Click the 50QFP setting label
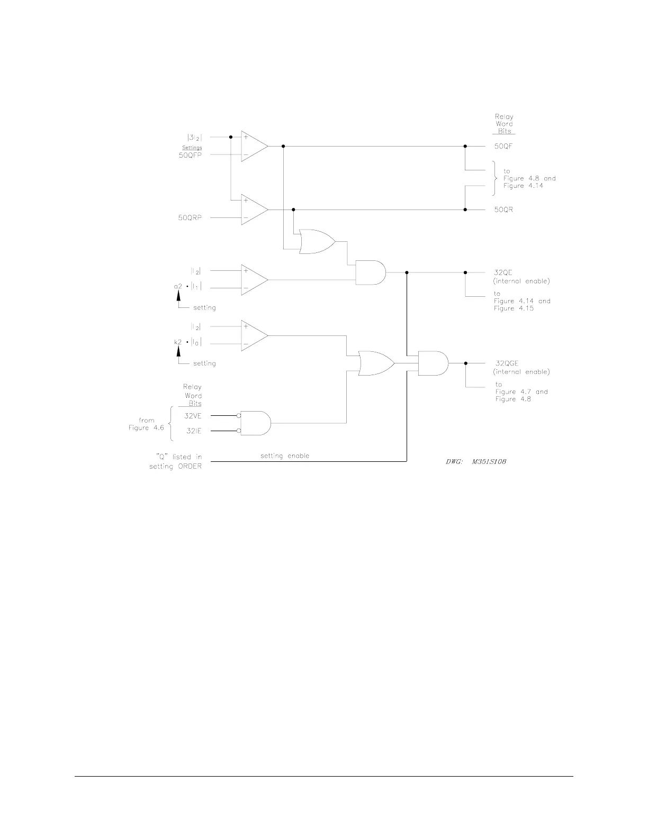(190, 156)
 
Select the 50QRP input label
(190, 217)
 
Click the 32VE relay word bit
(193, 416)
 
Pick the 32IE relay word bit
(193, 431)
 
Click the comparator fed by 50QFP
(254, 146)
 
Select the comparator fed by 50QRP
(254, 210)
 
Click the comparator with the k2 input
(254, 335)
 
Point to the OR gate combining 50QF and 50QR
(317, 242)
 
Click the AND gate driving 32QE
(370, 272)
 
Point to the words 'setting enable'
(285, 456)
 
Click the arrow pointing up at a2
(178, 298)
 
